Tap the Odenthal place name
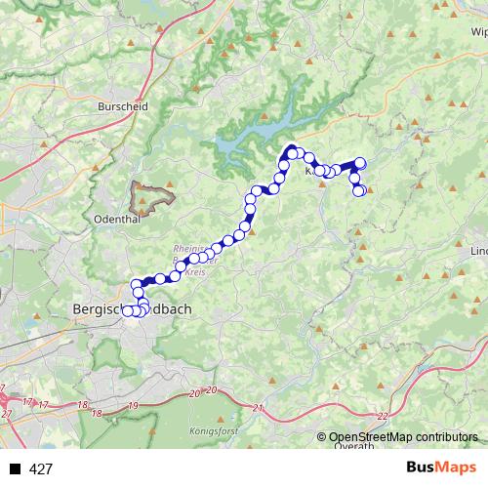120,220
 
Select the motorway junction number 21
258,407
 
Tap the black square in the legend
15,469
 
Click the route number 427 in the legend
41,469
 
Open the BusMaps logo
447,468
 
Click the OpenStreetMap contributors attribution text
404,437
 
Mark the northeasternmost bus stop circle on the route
360,163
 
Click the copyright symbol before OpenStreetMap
323,437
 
